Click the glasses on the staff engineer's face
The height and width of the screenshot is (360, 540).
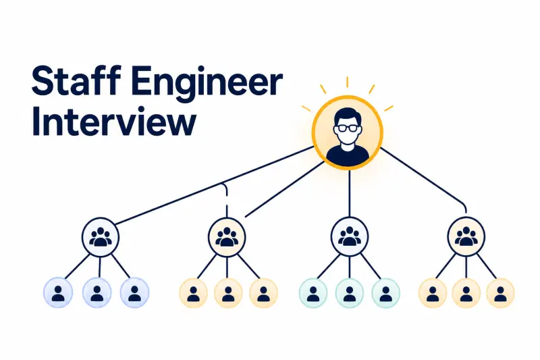point(348,128)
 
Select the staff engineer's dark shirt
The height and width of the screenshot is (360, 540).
point(348,155)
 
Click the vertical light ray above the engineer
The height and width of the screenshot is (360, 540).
point(347,82)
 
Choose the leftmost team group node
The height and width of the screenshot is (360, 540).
point(101,237)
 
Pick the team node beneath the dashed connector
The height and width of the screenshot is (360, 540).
point(227,237)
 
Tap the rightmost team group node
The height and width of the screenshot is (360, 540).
point(466,237)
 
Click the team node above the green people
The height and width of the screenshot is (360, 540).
point(350,237)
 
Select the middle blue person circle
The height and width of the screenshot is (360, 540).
point(97,293)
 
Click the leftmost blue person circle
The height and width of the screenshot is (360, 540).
point(58,293)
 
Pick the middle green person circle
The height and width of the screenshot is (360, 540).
point(350,293)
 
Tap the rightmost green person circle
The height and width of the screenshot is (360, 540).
point(385,293)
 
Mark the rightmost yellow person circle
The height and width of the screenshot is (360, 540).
point(500,293)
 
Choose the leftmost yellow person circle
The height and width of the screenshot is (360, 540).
point(193,293)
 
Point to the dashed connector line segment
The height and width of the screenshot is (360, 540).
point(226,200)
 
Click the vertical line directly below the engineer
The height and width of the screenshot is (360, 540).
point(349,193)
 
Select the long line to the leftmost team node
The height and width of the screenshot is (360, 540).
point(213,186)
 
